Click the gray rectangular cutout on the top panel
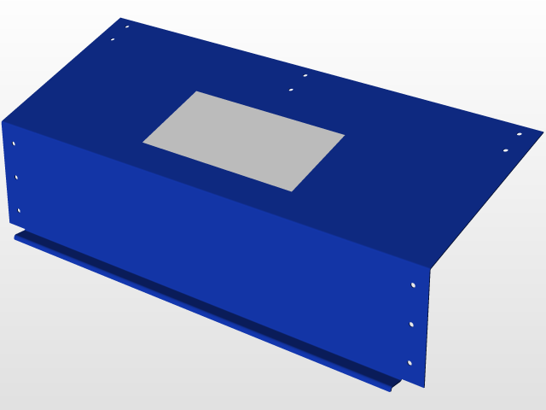(x=244, y=141)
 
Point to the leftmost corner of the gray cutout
(x=142, y=143)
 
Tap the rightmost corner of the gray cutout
(x=345, y=134)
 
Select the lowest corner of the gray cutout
(x=292, y=191)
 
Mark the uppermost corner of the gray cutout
(x=197, y=91)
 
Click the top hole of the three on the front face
(x=413, y=284)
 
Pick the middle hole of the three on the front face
(x=411, y=325)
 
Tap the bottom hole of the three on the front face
(x=409, y=363)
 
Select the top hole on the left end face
(x=13, y=143)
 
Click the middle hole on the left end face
(x=16, y=177)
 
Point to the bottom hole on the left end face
(x=19, y=210)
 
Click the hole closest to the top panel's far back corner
(x=127, y=26)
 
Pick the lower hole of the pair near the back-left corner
(x=113, y=39)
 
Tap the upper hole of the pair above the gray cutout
(x=305, y=75)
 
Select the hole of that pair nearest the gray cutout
(x=291, y=89)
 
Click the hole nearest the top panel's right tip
(x=519, y=134)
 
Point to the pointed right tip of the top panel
(x=542, y=132)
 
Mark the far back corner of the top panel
(x=121, y=19)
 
